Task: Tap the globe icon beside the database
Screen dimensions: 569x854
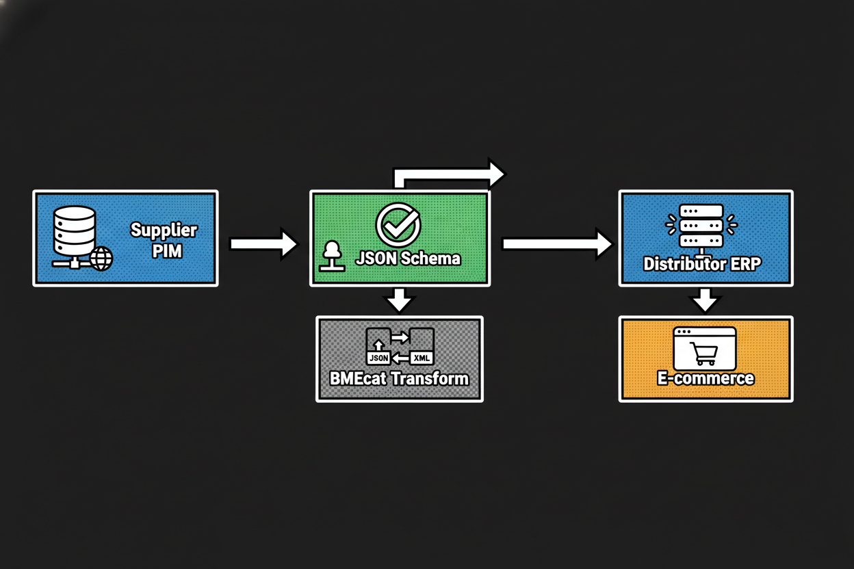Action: tap(101, 259)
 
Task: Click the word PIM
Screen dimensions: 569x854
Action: tap(167, 251)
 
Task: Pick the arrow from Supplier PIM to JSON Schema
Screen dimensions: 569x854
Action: tap(263, 244)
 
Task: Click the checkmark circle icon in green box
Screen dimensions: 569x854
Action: tap(398, 224)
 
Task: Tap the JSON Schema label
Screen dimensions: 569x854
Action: tap(408, 259)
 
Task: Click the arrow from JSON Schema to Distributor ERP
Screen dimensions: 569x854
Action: tap(556, 243)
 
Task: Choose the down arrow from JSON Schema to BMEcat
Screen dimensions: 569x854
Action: tap(399, 299)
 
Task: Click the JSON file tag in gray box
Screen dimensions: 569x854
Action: tap(378, 357)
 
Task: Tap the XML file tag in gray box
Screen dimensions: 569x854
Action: tap(422, 357)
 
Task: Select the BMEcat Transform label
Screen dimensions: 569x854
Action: tap(399, 378)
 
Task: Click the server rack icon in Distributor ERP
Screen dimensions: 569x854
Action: tap(701, 226)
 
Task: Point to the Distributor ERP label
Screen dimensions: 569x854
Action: tap(701, 264)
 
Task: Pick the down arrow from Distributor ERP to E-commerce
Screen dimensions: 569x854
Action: tap(705, 300)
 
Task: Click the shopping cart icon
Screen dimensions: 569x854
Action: tap(705, 354)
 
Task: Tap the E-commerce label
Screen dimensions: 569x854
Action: tap(705, 378)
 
